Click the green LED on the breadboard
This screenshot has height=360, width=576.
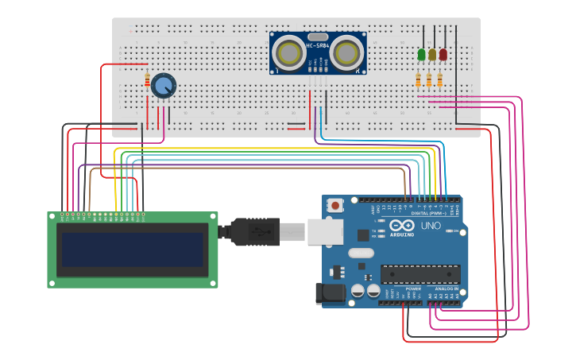coord(422,55)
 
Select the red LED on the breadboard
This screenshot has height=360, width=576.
coord(443,55)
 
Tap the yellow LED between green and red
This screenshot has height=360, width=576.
coord(432,55)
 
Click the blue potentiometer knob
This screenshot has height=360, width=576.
coord(163,85)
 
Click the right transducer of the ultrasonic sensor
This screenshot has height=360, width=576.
coord(346,53)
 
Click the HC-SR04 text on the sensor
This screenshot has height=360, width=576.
coord(317,45)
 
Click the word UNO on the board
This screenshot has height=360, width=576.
coord(430,226)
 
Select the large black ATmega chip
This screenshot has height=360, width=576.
coord(420,274)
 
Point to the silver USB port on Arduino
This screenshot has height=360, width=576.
coord(325,231)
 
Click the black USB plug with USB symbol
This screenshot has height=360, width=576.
coord(254,232)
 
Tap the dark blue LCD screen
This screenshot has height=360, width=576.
coord(133,250)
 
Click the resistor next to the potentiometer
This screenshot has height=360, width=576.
coord(148,80)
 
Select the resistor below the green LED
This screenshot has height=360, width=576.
coord(419,79)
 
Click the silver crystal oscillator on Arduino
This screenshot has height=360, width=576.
coord(360,254)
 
